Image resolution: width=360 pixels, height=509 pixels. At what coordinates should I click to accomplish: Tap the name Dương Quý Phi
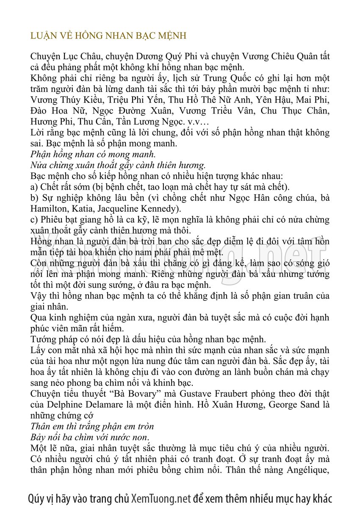click(156, 57)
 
